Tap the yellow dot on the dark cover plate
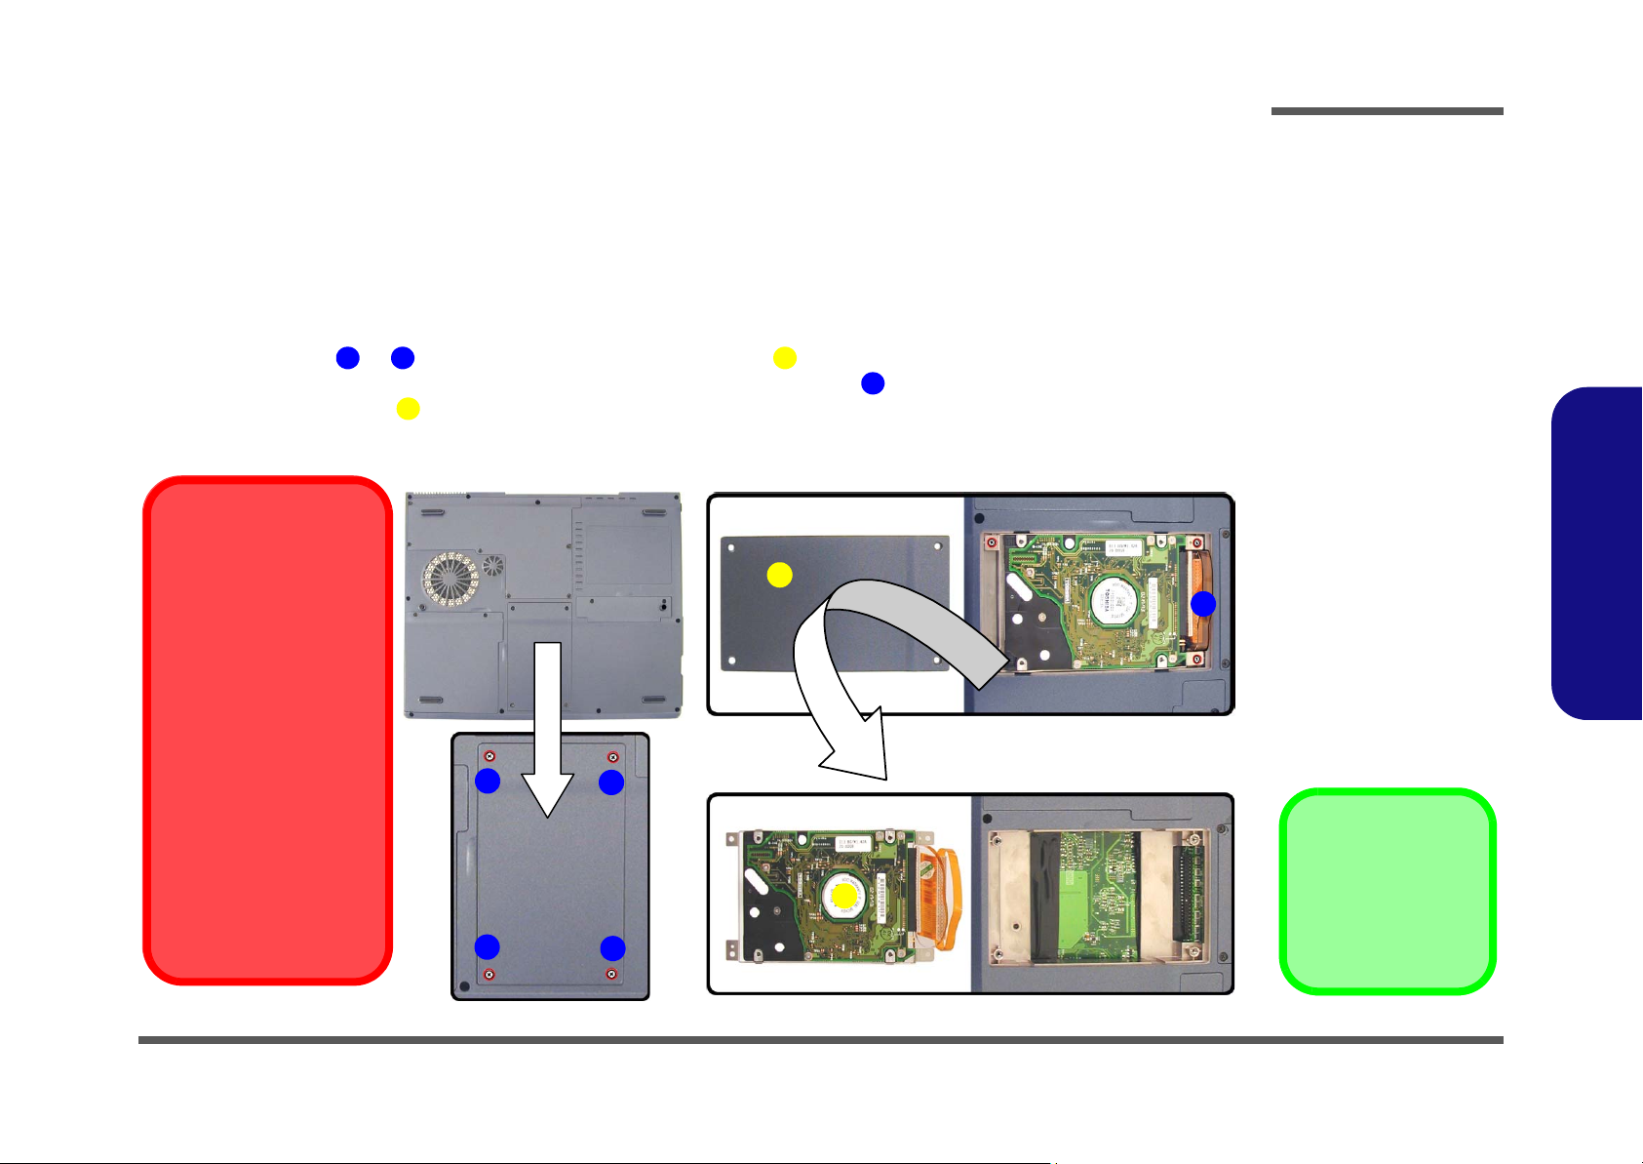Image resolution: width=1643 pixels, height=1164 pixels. coord(779,575)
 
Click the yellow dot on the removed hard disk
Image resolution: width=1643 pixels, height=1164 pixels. coord(844,894)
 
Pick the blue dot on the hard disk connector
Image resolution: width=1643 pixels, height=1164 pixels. coord(1203,604)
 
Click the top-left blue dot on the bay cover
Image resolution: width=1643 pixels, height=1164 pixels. coord(488,781)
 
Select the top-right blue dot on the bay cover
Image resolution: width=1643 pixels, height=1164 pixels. coord(611,782)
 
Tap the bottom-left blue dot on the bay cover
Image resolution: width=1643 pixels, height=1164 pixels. coord(487,946)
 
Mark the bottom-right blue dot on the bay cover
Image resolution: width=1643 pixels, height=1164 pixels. coord(612,947)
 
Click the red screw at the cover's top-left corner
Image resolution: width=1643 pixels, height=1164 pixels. coord(490,757)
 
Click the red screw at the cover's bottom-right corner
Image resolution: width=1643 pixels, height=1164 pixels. coord(611,974)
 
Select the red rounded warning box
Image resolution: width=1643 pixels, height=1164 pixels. coord(267,730)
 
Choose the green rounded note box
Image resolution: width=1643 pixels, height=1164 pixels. coord(1387,891)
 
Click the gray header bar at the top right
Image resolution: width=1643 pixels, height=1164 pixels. coord(1387,111)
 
